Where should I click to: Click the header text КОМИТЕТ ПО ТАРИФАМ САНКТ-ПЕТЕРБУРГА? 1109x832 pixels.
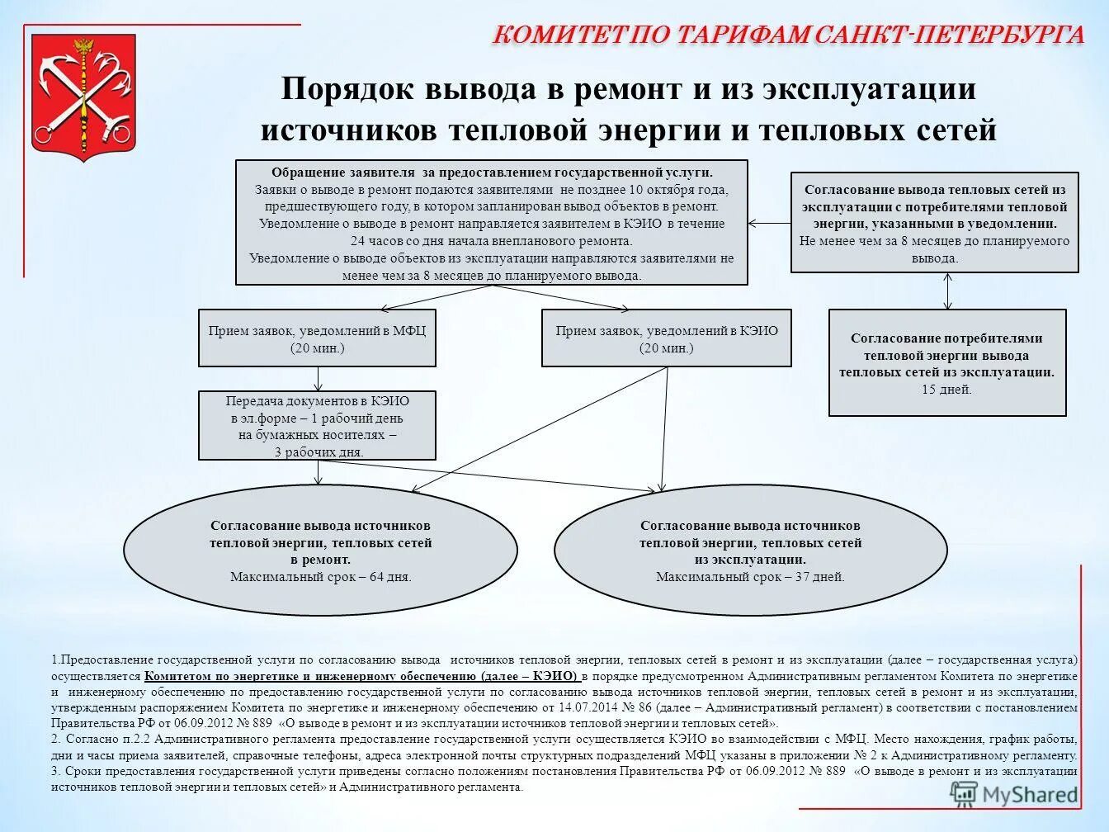[x=788, y=35]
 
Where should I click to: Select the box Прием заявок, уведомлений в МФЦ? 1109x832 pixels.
[x=317, y=338]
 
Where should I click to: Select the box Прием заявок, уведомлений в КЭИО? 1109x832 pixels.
[x=666, y=338]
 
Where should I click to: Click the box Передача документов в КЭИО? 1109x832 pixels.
[x=317, y=426]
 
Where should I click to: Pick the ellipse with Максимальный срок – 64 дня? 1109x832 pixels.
[x=320, y=551]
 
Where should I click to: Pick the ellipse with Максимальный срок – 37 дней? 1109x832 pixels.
[x=750, y=551]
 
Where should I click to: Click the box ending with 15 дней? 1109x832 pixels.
[x=946, y=363]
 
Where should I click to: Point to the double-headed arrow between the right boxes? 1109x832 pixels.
[x=947, y=291]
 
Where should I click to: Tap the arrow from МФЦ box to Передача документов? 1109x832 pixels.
[x=318, y=379]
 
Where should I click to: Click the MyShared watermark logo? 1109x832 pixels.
[x=1016, y=794]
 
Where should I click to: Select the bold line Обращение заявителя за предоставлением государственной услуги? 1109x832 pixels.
[x=492, y=173]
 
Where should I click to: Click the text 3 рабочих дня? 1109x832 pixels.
[x=318, y=452]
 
